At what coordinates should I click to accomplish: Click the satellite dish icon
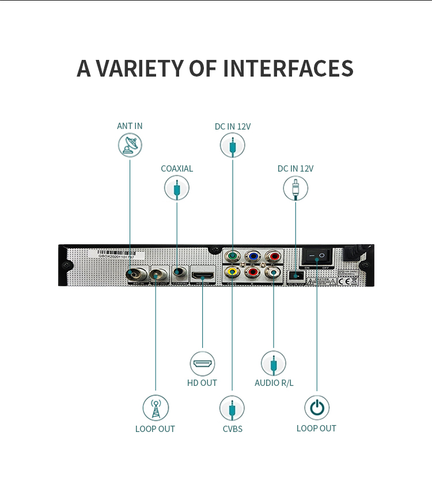point(130,145)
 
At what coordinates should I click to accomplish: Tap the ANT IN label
point(130,126)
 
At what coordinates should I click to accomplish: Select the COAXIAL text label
point(177,169)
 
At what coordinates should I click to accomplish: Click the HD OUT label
point(202,382)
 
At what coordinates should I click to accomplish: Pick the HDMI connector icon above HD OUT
point(202,363)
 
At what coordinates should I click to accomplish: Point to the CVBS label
point(232,429)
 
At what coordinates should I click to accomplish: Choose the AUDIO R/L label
point(274,382)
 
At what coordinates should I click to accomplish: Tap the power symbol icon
point(316,408)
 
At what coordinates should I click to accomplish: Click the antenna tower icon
point(156,408)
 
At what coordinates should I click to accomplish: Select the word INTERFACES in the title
point(288,68)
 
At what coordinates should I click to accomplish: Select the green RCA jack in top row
point(232,256)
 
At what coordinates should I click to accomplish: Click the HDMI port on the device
point(202,272)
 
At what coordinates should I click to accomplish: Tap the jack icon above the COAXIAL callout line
point(177,188)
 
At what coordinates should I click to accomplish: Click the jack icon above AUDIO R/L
point(274,363)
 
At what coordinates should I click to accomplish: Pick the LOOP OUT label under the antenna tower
point(155,429)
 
